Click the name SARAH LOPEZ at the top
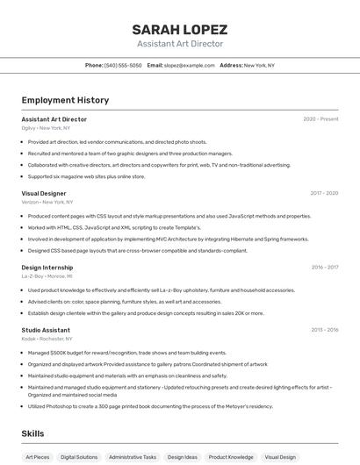click(x=179, y=29)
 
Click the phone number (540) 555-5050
click(x=122, y=65)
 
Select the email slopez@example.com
click(x=189, y=65)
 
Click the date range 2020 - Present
click(x=320, y=119)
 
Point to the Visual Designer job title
click(x=44, y=193)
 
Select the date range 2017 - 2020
click(x=324, y=193)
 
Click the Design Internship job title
click(x=47, y=267)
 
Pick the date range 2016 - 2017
click(x=324, y=267)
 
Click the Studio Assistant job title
click(x=46, y=330)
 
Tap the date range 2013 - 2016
click(x=324, y=330)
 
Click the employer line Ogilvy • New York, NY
click(x=47, y=128)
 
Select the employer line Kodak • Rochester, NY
click(x=47, y=339)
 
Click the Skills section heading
click(x=32, y=433)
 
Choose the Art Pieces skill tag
click(x=38, y=457)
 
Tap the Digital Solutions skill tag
click(x=79, y=457)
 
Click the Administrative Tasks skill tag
click(x=132, y=457)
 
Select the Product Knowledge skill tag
click(x=231, y=457)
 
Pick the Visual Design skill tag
click(x=280, y=457)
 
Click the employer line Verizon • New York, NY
click(x=47, y=202)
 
